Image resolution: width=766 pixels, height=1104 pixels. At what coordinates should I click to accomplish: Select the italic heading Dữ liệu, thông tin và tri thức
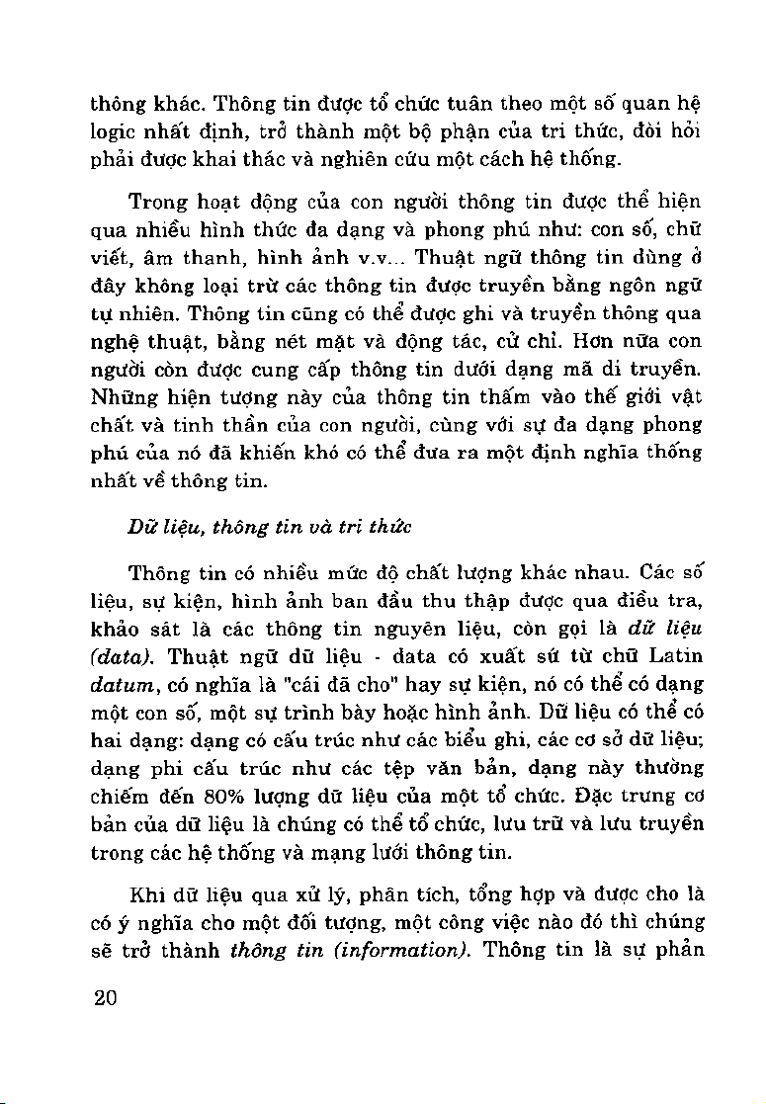pos(269,527)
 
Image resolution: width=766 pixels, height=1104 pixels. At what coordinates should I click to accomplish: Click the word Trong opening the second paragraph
pos(160,203)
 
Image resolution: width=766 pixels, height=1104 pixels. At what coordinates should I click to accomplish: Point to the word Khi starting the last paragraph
pos(146,895)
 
